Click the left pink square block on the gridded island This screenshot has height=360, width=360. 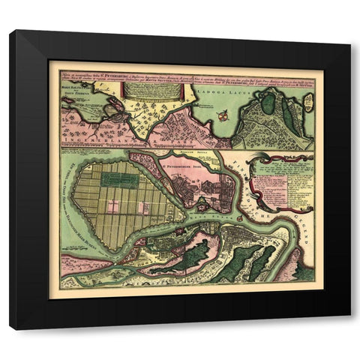[x=113, y=207]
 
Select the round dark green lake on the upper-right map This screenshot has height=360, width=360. [x=268, y=103]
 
